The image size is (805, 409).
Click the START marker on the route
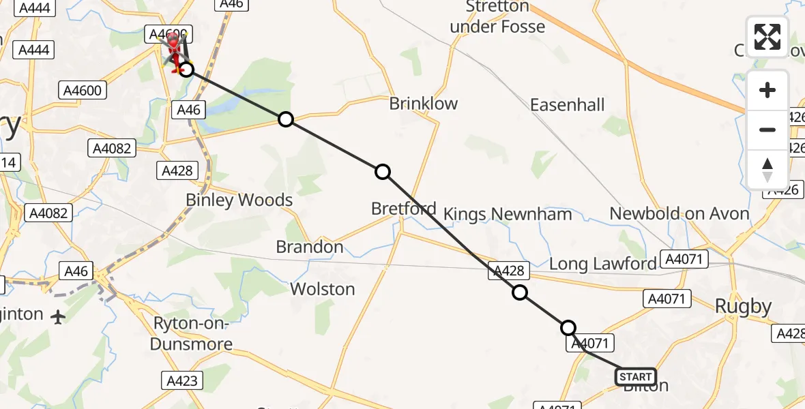(x=636, y=376)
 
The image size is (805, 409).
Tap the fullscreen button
(x=767, y=37)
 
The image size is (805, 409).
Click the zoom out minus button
(x=767, y=130)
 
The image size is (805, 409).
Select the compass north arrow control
(x=767, y=169)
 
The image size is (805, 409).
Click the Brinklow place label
(x=423, y=104)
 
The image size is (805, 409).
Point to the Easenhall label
(x=568, y=105)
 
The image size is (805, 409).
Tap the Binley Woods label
(x=239, y=200)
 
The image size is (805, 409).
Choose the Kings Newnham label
(x=508, y=214)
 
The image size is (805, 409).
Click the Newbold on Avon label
(x=679, y=213)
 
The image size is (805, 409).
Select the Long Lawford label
(x=602, y=264)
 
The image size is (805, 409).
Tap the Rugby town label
(x=743, y=307)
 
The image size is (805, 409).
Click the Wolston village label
(x=323, y=289)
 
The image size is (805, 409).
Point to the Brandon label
(x=310, y=247)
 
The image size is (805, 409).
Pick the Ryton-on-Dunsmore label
(x=192, y=334)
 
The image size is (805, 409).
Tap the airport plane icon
(x=58, y=316)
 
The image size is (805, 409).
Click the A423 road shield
(x=181, y=380)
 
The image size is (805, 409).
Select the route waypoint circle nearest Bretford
(x=383, y=172)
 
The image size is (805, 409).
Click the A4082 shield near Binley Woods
(x=49, y=213)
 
